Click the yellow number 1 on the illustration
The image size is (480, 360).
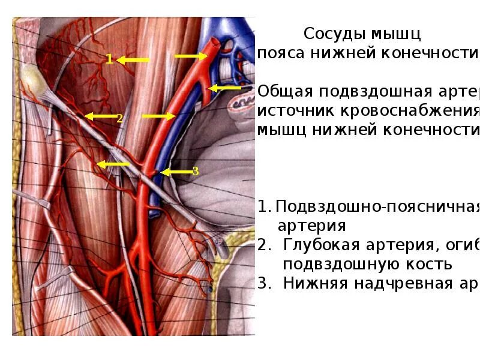coord(109,59)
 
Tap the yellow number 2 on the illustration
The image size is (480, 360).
coord(119,118)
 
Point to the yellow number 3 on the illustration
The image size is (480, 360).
coord(195,172)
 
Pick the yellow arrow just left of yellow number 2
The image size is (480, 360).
coord(99,116)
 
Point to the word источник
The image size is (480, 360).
coord(290,111)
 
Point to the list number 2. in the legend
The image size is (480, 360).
coord(264,245)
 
